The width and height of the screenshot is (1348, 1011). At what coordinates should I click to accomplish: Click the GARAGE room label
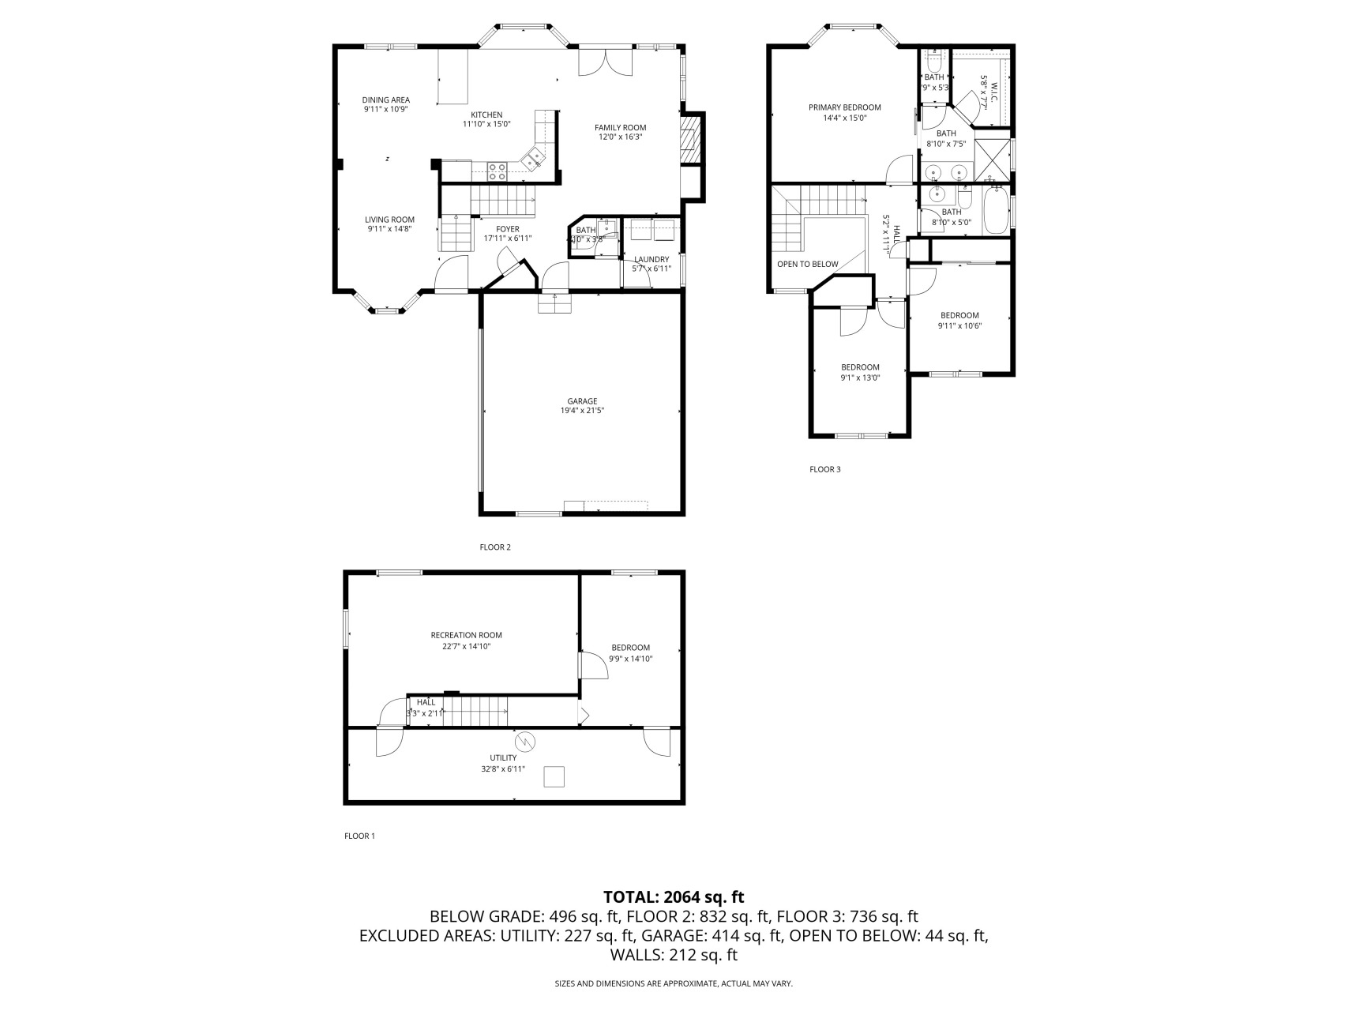(582, 400)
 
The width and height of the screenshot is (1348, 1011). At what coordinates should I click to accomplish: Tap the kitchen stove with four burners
(497, 171)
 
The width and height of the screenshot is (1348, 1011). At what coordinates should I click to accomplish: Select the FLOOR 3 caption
(824, 469)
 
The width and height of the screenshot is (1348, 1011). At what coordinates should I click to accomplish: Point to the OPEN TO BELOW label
(807, 264)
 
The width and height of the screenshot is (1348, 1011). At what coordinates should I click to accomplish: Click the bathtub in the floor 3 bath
(995, 209)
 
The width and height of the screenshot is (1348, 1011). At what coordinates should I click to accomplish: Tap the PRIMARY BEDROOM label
(844, 107)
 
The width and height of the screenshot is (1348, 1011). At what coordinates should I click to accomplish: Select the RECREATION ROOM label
(466, 635)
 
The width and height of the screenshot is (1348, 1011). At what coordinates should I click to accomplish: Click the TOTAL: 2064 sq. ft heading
(674, 896)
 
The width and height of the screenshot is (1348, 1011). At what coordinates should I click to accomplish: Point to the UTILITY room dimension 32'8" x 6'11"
(503, 769)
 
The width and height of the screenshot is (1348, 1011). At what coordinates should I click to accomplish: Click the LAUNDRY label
(651, 259)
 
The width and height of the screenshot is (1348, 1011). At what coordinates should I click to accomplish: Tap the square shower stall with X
(993, 160)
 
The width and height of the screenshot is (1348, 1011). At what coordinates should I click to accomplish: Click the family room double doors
(606, 63)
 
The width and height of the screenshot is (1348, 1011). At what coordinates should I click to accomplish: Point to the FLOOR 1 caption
(359, 836)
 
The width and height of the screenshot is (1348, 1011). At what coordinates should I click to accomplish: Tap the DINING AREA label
(386, 100)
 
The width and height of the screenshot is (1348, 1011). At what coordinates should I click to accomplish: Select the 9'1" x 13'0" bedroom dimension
(860, 378)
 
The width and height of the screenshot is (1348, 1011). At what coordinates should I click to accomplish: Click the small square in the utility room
(554, 777)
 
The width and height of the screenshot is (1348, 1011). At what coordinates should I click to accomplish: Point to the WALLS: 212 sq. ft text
(674, 955)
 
